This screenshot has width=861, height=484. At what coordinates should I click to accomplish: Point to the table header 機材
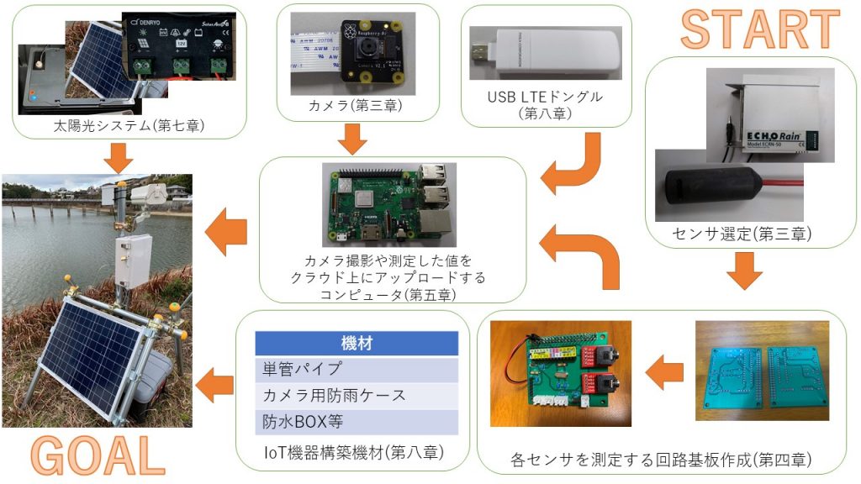coord(357,343)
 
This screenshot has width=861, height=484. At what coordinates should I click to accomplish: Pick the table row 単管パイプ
coord(357,369)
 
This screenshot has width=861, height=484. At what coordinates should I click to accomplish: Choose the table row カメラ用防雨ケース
coord(357,395)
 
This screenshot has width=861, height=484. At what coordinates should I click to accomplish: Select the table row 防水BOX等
coord(357,421)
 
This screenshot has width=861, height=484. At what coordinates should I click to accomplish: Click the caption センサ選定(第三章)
coord(751,233)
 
